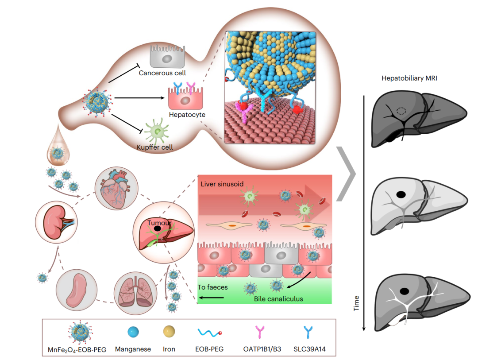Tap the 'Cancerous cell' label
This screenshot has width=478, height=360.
click(162, 72)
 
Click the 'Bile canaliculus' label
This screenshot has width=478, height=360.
click(278, 299)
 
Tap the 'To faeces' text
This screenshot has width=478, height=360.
click(212, 287)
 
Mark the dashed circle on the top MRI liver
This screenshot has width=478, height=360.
click(401, 112)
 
